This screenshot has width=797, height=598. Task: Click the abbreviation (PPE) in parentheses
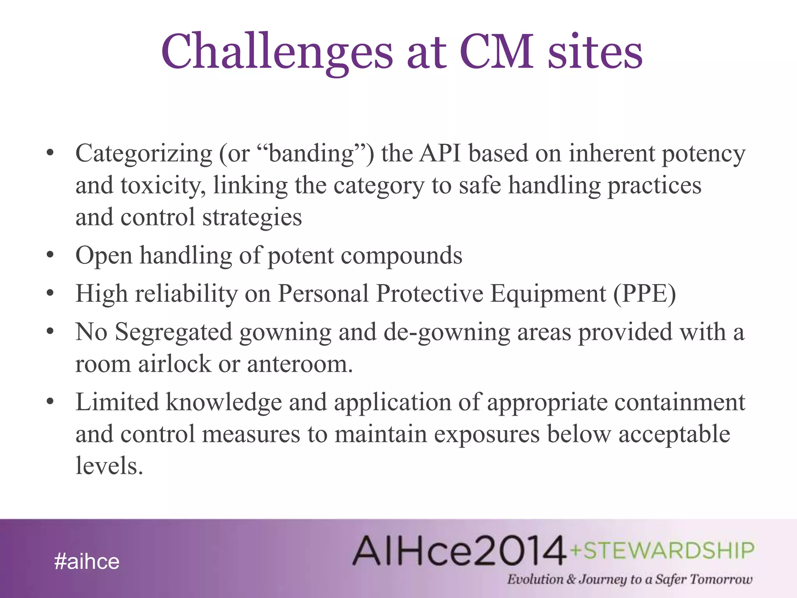644,294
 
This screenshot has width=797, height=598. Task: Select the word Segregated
173,332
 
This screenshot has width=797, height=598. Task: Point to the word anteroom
300,364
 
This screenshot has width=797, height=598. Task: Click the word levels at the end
109,466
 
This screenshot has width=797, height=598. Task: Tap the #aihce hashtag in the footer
87,561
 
